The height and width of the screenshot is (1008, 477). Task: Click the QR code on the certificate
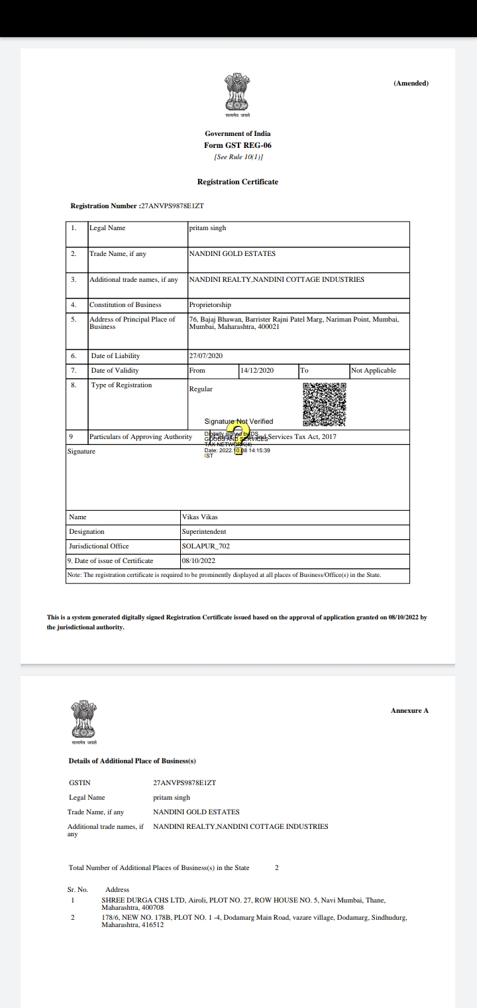[325, 405]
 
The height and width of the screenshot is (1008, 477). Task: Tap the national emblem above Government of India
[237, 93]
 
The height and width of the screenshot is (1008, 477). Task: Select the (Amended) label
[411, 84]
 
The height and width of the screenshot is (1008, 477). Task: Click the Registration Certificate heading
[238, 182]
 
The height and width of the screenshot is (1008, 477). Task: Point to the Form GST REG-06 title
[238, 145]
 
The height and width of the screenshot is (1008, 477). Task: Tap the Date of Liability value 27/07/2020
[206, 356]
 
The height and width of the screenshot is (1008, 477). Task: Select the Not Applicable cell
[374, 371]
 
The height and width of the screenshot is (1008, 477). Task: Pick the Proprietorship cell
[210, 305]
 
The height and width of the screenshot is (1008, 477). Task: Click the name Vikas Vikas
[199, 517]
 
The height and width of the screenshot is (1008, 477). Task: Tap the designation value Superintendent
[204, 532]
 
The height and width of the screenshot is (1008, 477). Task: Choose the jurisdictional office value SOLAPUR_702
[205, 546]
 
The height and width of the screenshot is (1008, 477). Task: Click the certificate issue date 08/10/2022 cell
[198, 561]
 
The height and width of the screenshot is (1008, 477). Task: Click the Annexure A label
[409, 711]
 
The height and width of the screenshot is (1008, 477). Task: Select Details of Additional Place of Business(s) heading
[132, 761]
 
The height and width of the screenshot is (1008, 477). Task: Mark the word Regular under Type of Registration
[201, 389]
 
